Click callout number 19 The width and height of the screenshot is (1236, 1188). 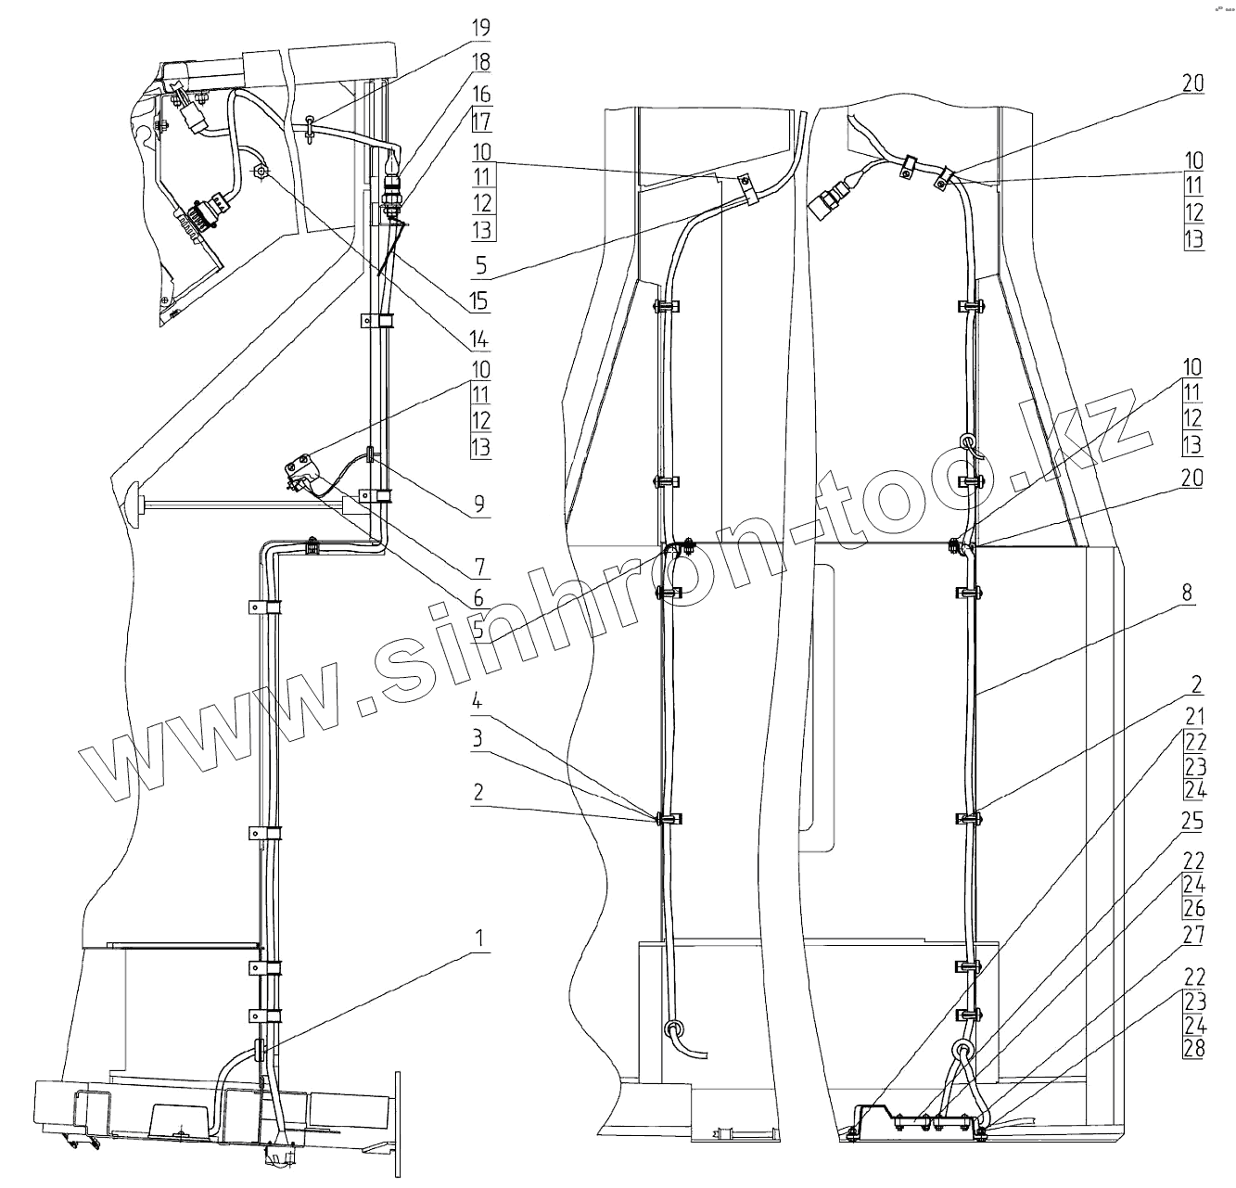(x=478, y=27)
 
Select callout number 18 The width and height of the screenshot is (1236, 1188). (x=478, y=61)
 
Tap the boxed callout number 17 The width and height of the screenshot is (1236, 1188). (x=480, y=121)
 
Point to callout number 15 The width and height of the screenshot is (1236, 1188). (x=478, y=301)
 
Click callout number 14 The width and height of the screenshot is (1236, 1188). (x=478, y=339)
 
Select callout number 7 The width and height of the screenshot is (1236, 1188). (x=478, y=565)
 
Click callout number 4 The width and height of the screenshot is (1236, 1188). (x=478, y=701)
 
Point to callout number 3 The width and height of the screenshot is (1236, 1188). (x=478, y=738)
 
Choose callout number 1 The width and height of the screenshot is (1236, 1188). (x=478, y=938)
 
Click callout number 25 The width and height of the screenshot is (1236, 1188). (x=1192, y=822)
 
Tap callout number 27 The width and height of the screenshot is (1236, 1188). (x=1192, y=935)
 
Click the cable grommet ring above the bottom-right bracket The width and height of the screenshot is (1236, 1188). (x=963, y=1052)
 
